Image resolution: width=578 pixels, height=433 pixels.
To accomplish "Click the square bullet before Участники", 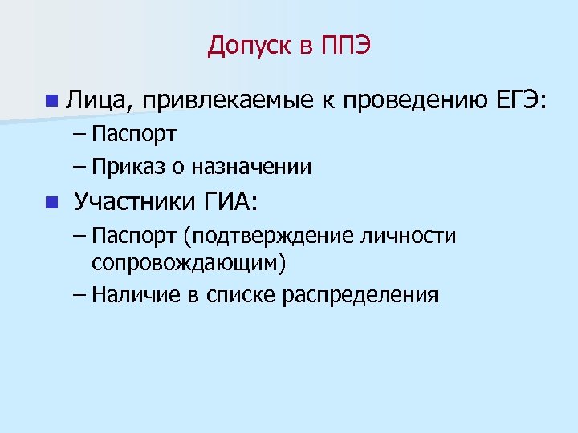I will point(51,201).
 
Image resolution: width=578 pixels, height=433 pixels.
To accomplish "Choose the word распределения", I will point(360,295).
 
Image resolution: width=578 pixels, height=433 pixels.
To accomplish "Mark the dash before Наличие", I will point(78,294).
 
